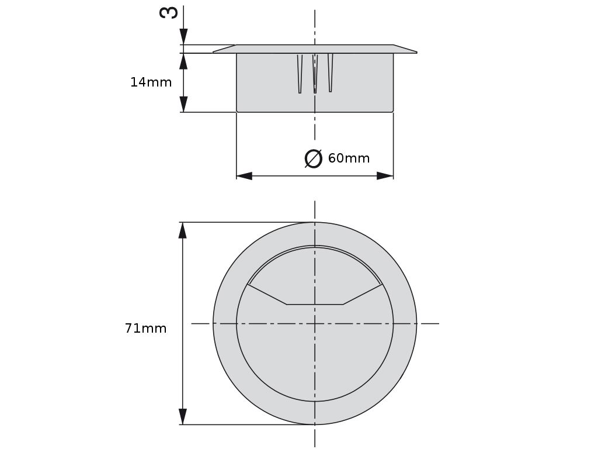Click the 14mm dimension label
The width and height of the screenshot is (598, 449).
click(151, 82)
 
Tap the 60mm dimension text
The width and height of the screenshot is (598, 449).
click(349, 158)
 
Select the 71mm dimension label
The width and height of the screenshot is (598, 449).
click(145, 329)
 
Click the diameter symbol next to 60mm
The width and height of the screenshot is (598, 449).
click(314, 158)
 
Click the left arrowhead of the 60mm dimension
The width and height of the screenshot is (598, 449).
click(244, 175)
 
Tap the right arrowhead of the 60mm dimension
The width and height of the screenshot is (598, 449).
click(385, 175)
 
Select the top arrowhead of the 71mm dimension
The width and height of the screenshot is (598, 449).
click(183, 230)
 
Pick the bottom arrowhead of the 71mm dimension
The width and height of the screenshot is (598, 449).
click(183, 416)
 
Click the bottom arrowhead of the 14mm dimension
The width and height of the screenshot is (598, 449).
click(183, 104)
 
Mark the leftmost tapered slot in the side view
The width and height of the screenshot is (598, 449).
click(300, 74)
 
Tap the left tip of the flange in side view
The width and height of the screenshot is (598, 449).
click(214, 53)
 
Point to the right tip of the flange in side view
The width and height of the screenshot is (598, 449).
click(416, 53)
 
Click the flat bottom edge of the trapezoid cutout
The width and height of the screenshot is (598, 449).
click(315, 304)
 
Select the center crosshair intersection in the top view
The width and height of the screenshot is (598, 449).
click(315, 323)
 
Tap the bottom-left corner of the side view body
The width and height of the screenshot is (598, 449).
click(237, 111)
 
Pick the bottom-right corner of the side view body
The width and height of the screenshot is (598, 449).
click(392, 111)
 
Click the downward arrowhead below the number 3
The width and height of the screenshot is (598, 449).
click(183, 37)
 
